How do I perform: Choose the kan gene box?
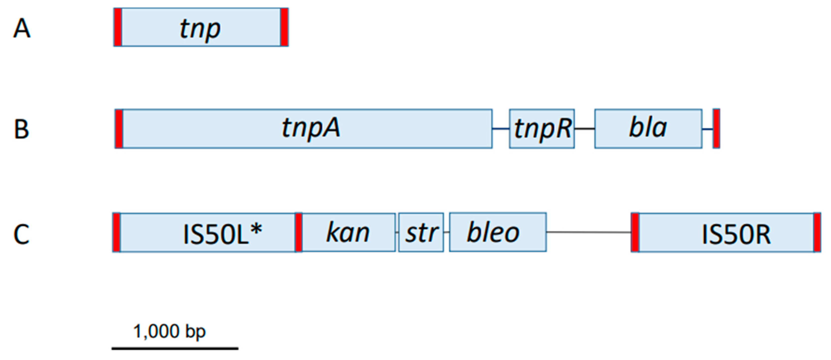click(348, 232)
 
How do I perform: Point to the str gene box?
click(421, 232)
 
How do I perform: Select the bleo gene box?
click(498, 232)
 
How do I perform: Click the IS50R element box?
click(726, 232)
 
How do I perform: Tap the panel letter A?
click(22, 28)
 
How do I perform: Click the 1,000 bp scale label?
click(169, 332)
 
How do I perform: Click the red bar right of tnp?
click(284, 27)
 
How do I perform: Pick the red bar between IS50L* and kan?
click(299, 232)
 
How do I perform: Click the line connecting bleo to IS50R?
click(589, 232)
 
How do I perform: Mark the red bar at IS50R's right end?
click(817, 232)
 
